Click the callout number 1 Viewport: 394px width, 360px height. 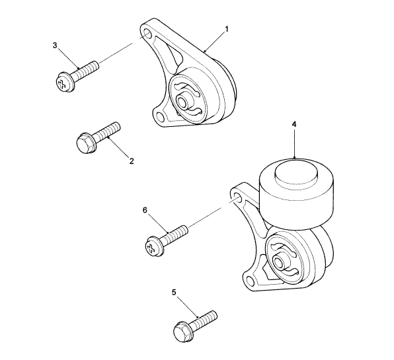coord(227,29)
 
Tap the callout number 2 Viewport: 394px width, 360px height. coord(132,161)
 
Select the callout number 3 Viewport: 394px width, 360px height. coord(55,45)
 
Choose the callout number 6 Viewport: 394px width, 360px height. coord(145,211)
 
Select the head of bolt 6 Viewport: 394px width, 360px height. coord(153,246)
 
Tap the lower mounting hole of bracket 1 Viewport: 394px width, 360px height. coord(159,117)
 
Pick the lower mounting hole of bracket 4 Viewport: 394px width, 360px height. coord(249,280)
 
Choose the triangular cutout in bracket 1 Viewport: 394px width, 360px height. coord(171,55)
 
